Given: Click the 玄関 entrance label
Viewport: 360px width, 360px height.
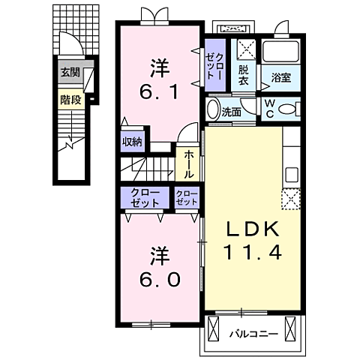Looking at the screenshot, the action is tap(70, 73).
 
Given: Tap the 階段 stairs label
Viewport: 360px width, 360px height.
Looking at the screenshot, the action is tap(70, 100).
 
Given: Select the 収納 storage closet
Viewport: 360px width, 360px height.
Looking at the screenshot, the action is tap(132, 141).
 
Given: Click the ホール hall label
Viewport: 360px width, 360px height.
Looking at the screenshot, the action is tap(189, 165).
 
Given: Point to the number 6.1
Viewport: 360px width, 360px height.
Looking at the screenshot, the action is tap(159, 92).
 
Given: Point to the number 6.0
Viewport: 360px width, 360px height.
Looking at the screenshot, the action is tap(160, 280).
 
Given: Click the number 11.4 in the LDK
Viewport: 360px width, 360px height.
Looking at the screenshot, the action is tap(253, 252).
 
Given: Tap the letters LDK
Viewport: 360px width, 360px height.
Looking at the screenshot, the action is tap(253, 229).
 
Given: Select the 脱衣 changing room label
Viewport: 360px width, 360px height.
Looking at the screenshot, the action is tap(243, 75).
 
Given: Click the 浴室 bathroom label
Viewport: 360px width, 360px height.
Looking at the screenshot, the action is tap(281, 77).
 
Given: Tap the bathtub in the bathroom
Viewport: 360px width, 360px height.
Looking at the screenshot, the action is tap(280, 51).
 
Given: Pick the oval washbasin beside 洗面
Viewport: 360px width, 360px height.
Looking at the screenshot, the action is tap(213, 109).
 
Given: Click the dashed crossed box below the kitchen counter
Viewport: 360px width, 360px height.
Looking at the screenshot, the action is tap(291, 199).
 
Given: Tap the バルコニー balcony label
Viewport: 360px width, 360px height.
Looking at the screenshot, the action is tap(253, 334).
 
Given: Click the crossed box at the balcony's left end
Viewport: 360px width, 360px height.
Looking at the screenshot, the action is tap(213, 328).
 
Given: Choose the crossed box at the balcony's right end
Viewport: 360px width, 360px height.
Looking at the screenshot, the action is tap(290, 328).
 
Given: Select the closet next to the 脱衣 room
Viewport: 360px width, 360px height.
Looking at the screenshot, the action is tap(215, 65).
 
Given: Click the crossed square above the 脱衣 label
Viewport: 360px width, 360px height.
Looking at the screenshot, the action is tap(247, 49).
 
